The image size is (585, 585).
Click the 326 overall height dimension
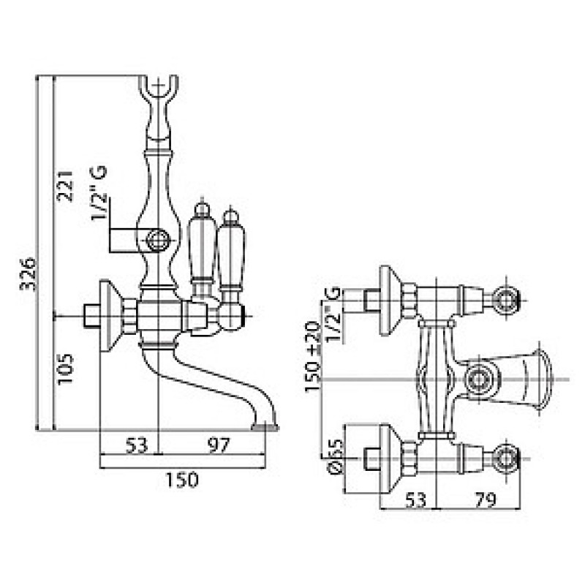[28, 273]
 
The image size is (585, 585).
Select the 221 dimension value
[65, 186]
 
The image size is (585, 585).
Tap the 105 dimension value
[65, 369]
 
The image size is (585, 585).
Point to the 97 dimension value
[219, 445]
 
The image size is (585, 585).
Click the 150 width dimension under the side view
[182, 480]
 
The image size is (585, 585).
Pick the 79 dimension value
[486, 500]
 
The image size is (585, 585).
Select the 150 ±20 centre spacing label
[313, 357]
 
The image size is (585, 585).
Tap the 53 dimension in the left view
[137, 445]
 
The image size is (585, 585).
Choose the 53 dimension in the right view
[415, 500]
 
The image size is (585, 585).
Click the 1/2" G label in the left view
[99, 193]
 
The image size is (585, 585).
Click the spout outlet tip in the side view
[265, 426]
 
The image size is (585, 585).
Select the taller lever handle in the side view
[202, 246]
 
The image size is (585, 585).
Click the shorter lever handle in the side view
[231, 254]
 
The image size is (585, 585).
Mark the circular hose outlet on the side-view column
[158, 241]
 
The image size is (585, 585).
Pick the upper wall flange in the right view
[390, 301]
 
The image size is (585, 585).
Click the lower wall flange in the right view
[390, 458]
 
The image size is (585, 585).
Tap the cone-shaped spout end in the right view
[539, 380]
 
